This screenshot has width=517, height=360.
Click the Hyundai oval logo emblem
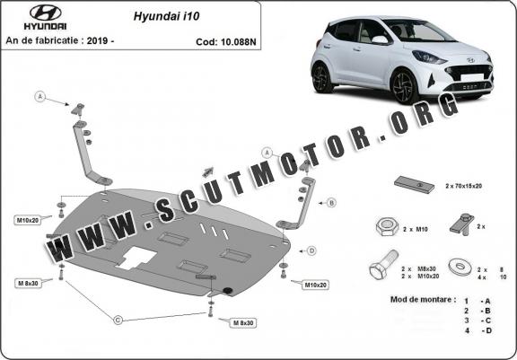click(x=45, y=13)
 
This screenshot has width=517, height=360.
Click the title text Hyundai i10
click(x=166, y=16)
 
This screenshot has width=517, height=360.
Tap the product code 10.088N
click(x=239, y=42)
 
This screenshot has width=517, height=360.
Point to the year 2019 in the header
click(x=97, y=40)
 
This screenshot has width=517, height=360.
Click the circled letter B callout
click(x=331, y=203)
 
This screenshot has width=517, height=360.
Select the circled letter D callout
click(x=311, y=250)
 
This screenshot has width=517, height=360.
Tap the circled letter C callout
click(x=118, y=320)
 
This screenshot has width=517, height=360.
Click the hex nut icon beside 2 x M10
click(x=387, y=227)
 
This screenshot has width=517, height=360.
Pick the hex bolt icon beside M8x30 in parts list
click(x=383, y=265)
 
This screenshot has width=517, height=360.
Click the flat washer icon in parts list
click(x=460, y=267)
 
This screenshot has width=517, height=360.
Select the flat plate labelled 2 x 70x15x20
click(x=415, y=185)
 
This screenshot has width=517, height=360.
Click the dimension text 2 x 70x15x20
click(x=463, y=186)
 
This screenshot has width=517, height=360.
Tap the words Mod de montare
click(x=423, y=300)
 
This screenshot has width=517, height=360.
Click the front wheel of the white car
click(x=405, y=87)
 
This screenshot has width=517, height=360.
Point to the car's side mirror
click(x=381, y=40)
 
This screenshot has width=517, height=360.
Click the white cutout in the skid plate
click(x=136, y=258)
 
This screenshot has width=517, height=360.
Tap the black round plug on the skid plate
click(x=227, y=290)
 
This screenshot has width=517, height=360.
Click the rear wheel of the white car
click(x=322, y=78)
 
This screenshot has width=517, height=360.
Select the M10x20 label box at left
click(x=27, y=220)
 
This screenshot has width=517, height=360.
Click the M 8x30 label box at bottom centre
click(x=243, y=323)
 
